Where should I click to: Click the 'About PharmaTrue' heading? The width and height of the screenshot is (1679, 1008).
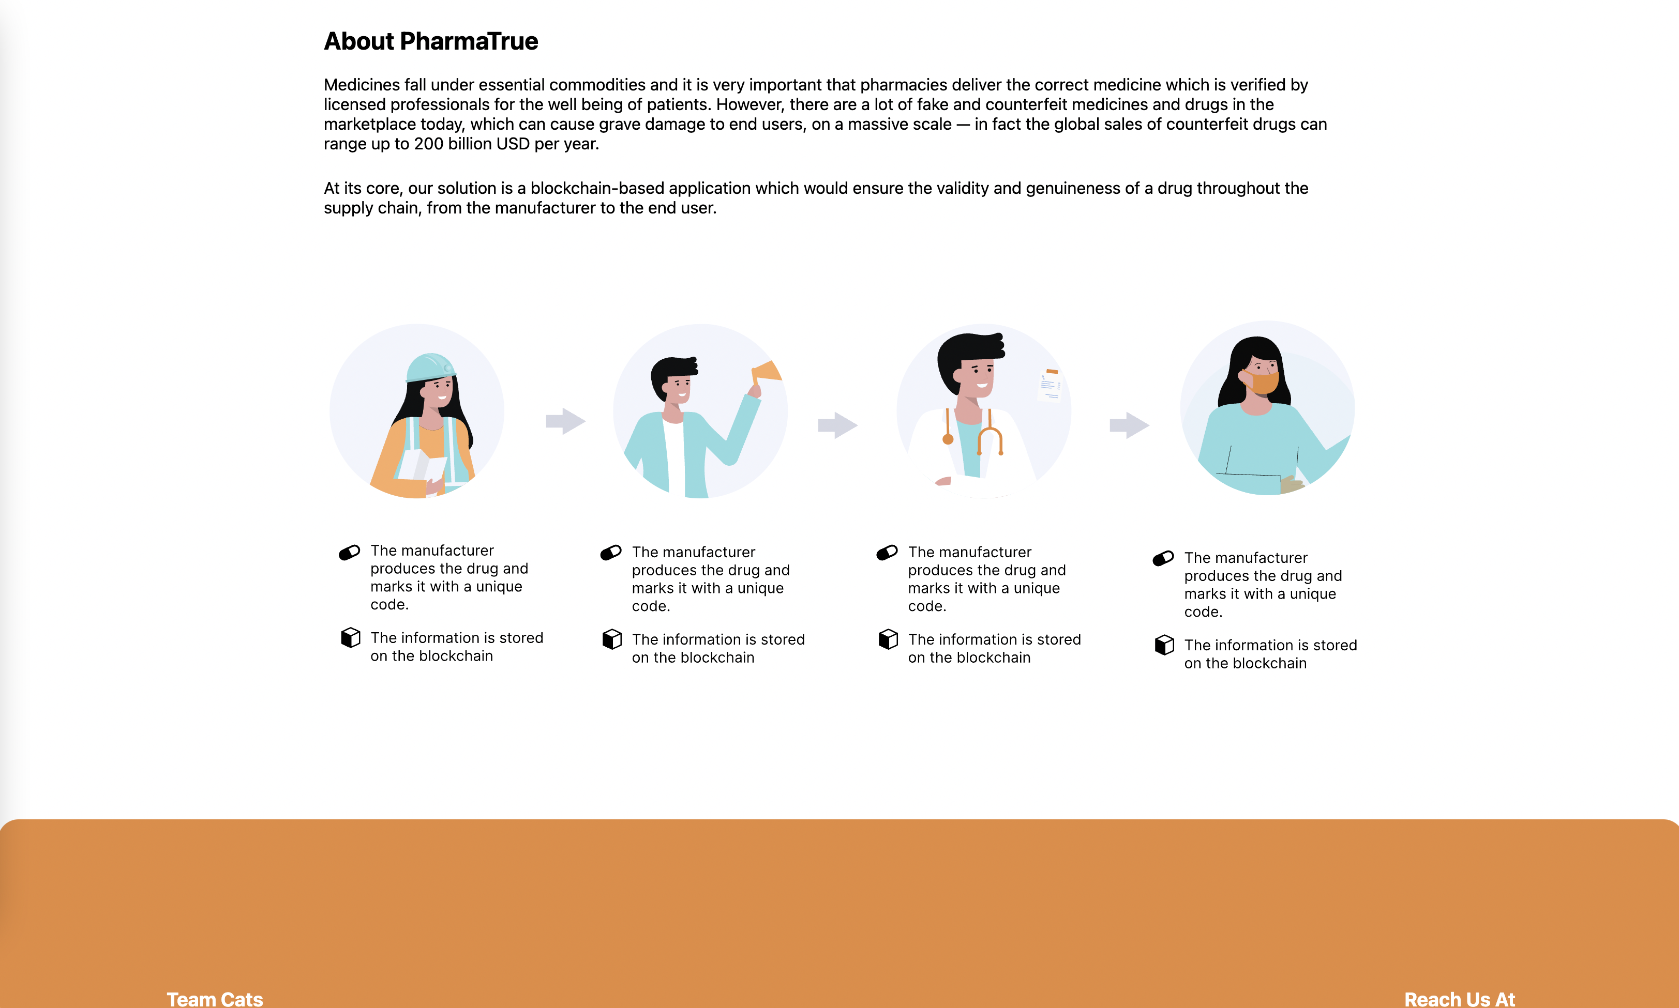[x=431, y=41]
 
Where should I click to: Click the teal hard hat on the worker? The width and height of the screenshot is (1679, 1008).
[x=430, y=368]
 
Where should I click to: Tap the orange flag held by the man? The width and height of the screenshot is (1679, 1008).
[x=767, y=372]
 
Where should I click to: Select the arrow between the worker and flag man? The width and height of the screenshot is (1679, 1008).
[x=566, y=421]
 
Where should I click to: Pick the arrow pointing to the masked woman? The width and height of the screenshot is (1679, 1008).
[x=1129, y=425]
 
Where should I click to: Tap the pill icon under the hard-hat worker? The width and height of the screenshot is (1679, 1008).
[x=349, y=552]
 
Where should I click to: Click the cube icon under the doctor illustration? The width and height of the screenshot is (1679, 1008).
[x=888, y=639]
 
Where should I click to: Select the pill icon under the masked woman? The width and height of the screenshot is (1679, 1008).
[x=1163, y=558]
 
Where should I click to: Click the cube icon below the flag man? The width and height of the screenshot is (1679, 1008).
[x=612, y=639]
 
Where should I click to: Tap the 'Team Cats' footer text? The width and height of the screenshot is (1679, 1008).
[x=215, y=999]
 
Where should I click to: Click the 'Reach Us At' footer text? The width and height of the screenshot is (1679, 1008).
[x=1460, y=999]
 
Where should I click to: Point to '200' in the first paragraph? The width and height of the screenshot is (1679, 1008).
[x=429, y=144]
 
